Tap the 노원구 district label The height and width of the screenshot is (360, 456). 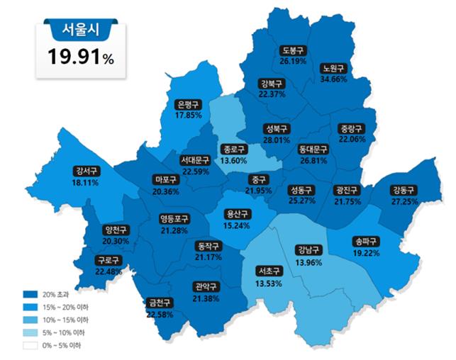(333, 69)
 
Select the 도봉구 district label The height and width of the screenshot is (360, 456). (292, 51)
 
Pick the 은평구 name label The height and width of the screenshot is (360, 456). (189, 104)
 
